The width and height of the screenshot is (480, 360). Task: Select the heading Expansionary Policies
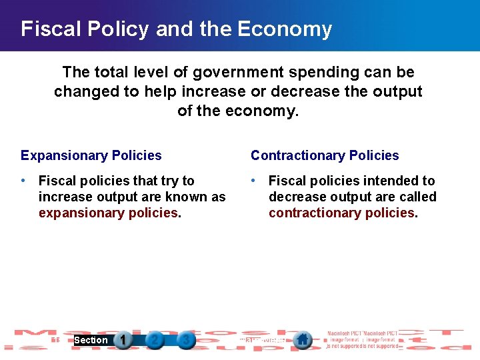click(91, 155)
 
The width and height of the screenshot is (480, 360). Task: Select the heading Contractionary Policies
click(325, 155)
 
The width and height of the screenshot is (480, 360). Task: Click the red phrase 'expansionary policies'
click(108, 213)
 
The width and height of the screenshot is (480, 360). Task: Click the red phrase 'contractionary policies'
click(341, 213)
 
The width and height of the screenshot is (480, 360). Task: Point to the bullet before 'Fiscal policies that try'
click(24, 181)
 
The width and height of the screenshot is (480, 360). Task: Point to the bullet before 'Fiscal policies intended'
click(254, 181)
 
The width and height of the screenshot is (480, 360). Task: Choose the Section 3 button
click(186, 340)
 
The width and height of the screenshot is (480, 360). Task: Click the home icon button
click(302, 340)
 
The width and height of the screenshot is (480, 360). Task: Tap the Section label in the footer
click(91, 340)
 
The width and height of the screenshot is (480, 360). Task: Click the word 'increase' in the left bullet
click(65, 197)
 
